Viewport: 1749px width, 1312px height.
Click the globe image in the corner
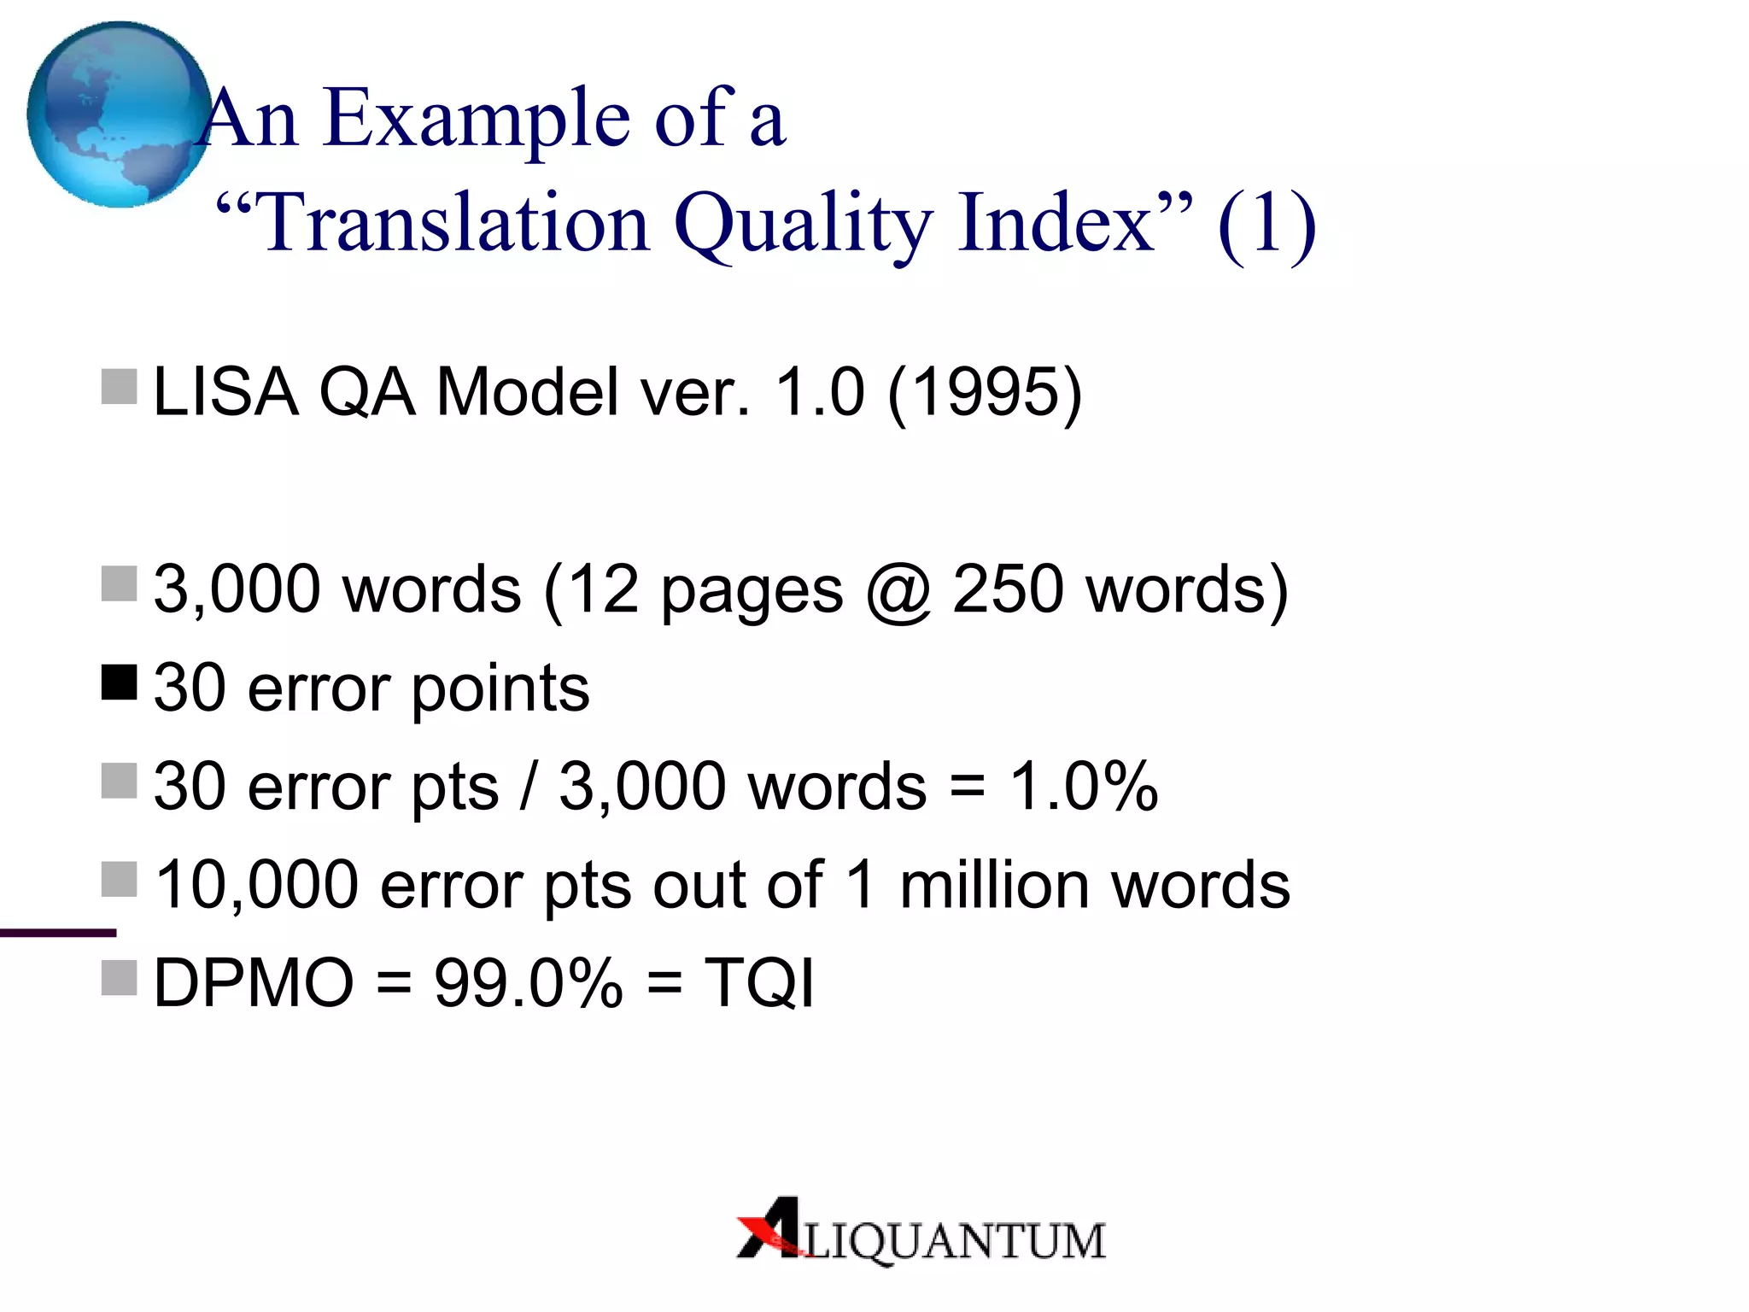118,114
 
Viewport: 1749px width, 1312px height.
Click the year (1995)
985,392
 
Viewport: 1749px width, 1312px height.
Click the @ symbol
897,591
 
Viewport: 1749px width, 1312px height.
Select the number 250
1008,589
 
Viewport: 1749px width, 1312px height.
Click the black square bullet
119,682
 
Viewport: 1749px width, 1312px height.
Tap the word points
500,688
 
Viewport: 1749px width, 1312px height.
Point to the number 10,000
256,885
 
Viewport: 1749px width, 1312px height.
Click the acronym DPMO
254,983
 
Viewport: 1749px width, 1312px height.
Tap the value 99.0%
528,983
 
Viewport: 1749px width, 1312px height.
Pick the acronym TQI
758,983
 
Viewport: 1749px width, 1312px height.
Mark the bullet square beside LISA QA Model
119,387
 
